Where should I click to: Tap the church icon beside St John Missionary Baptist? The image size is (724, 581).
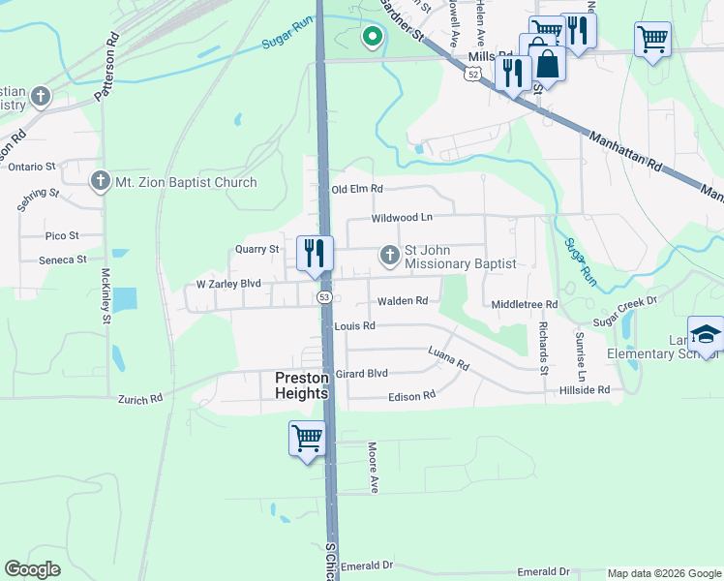389,256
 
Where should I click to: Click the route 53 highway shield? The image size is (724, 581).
323,297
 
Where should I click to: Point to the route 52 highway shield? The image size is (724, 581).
471,74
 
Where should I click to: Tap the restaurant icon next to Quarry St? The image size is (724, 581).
315,254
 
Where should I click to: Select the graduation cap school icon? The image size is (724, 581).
706,334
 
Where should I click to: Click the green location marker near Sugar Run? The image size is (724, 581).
371,38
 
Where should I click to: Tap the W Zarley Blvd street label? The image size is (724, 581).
228,285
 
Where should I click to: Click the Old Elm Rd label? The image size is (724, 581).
357,189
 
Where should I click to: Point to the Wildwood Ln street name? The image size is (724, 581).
402,218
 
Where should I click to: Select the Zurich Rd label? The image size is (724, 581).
141,398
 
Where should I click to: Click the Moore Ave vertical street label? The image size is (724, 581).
372,468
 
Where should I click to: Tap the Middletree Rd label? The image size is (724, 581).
525,304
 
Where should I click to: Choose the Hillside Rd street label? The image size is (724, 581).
585,389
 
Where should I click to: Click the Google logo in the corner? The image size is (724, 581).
32,569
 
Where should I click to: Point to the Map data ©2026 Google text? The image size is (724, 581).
663,573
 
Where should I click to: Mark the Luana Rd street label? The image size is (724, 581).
448,361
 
